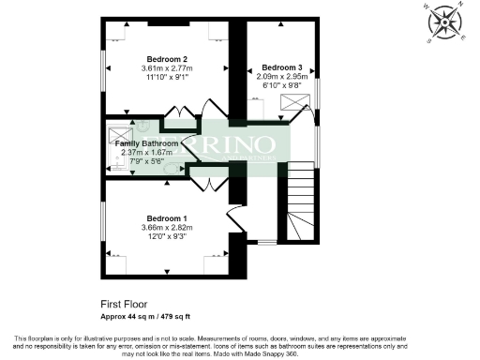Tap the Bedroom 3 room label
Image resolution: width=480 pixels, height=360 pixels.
pyautogui.click(x=282, y=67)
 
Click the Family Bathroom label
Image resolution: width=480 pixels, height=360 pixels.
pyautogui.click(x=147, y=143)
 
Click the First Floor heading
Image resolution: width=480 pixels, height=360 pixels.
pyautogui.click(x=125, y=305)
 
